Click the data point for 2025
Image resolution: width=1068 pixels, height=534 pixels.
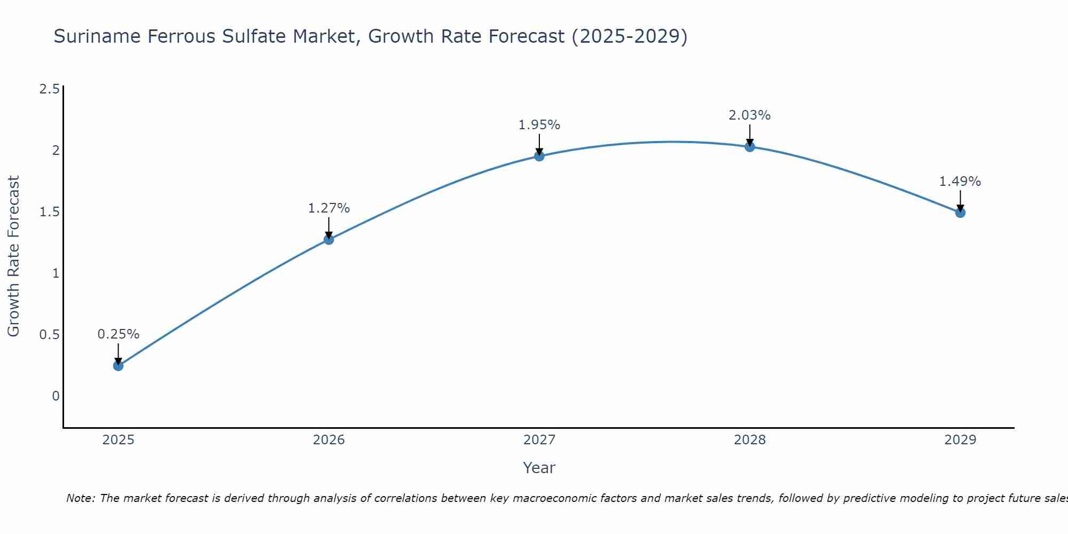click(118, 366)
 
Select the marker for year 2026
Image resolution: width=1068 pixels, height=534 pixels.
click(328, 240)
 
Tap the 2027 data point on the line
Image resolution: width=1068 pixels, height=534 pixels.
click(539, 156)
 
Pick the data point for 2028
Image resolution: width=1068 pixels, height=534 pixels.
click(750, 147)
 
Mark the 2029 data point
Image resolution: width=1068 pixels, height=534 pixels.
click(960, 213)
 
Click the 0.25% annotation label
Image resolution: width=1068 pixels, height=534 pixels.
click(118, 334)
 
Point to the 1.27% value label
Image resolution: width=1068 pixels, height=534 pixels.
click(328, 208)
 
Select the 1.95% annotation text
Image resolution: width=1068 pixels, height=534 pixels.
click(539, 125)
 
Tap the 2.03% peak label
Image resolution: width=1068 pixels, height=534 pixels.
click(750, 115)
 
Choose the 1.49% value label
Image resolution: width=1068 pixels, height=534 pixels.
click(960, 182)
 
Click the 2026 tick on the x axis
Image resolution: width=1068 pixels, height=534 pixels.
click(328, 440)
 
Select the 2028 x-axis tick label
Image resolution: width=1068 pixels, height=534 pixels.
click(750, 440)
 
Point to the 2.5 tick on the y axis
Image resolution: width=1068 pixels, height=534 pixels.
click(49, 89)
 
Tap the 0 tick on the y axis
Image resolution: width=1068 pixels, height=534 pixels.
click(56, 396)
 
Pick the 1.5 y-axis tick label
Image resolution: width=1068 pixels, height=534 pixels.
click(49, 212)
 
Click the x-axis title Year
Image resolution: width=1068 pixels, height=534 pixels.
click(539, 468)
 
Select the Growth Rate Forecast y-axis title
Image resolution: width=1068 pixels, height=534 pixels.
click(13, 256)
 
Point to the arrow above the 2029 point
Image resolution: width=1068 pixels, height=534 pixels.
click(960, 201)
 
